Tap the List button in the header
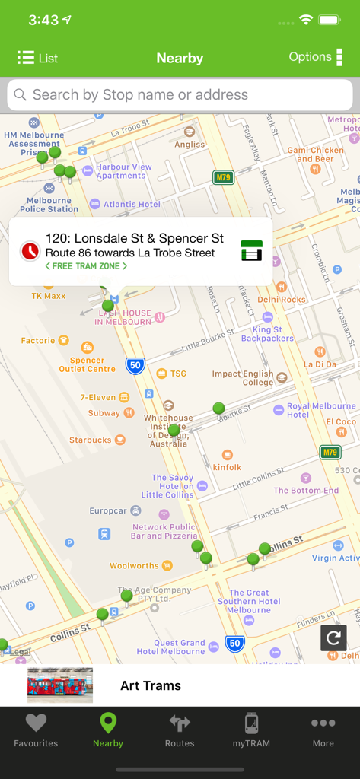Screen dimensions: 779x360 tap(37, 58)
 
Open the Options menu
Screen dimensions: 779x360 tap(315, 57)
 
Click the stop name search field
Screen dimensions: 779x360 tap(180, 95)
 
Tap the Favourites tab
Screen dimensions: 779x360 tap(36, 730)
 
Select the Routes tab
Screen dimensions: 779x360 tap(180, 730)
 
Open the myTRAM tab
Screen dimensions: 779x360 tap(251, 730)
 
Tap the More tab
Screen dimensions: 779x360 tap(323, 730)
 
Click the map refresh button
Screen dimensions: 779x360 tap(333, 638)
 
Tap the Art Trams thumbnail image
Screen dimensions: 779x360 tap(60, 685)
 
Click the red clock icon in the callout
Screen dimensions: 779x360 tap(30, 250)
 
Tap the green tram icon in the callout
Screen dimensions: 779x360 tap(251, 250)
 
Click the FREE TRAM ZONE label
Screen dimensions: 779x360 tap(86, 266)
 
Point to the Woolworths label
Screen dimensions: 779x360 tap(135, 566)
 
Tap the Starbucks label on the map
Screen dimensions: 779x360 tap(91, 440)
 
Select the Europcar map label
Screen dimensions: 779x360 tap(108, 510)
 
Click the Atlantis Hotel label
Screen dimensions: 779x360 tap(132, 204)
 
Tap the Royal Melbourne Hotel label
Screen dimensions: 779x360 tap(320, 410)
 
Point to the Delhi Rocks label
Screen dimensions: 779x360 tap(281, 299)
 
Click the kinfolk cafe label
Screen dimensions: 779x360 tap(227, 466)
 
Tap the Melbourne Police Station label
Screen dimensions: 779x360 tap(49, 205)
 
